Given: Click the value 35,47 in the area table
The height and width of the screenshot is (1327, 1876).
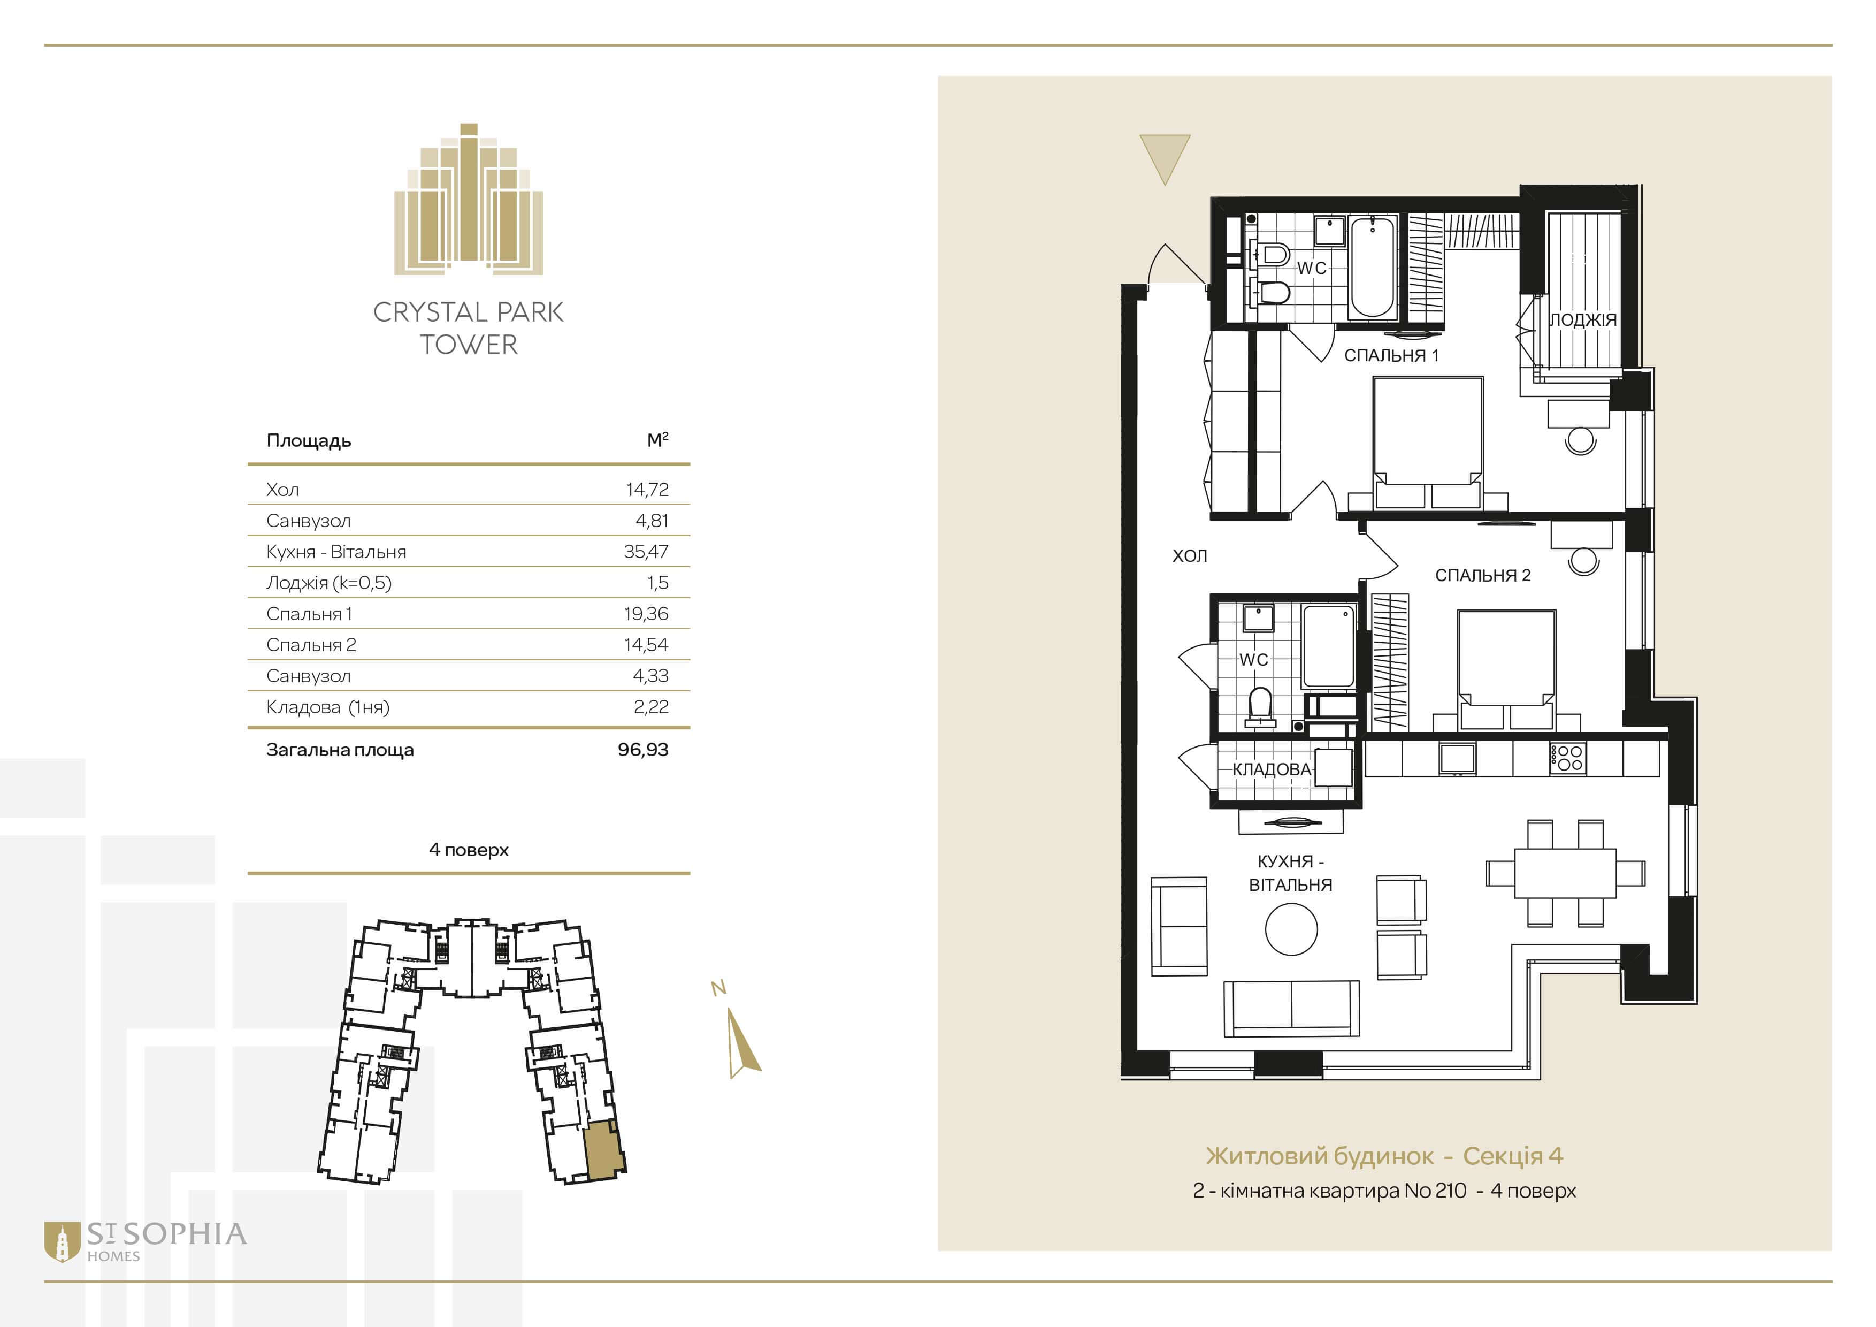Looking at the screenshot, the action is [x=646, y=552].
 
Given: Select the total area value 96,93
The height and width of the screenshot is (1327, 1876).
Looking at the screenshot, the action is [x=643, y=749].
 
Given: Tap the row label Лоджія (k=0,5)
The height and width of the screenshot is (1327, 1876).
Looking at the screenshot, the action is [x=328, y=583].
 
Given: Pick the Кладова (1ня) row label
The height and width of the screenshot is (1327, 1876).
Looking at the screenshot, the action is [x=328, y=707].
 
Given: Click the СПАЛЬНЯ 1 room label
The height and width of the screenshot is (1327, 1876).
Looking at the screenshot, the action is [x=1391, y=355].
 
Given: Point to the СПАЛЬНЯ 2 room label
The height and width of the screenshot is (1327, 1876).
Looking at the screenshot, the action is [x=1483, y=575].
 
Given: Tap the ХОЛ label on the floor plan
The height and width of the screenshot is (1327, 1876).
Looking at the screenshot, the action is [x=1190, y=555].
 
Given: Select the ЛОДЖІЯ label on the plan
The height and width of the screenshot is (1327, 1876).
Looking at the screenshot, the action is [x=1583, y=319].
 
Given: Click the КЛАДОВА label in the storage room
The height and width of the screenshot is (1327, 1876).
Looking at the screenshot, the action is [x=1272, y=769].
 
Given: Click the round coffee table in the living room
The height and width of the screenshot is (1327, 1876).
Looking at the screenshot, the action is [x=1291, y=929].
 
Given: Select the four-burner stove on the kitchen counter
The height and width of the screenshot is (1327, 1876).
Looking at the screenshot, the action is [x=1567, y=758].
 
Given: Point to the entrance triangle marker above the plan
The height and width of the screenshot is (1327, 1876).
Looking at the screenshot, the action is [x=1165, y=155].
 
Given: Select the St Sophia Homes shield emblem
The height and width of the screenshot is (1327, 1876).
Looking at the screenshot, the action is [x=62, y=1242].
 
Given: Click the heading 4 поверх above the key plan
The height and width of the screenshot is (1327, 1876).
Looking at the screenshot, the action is [x=469, y=850].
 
